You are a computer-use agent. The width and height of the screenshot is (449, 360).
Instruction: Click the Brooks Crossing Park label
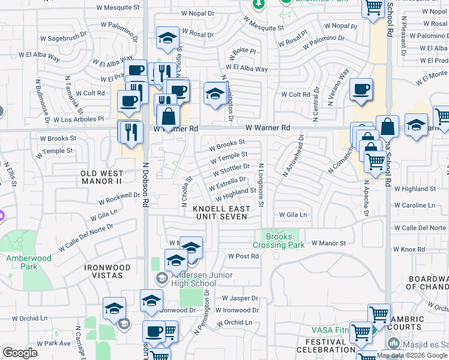coord(280,241)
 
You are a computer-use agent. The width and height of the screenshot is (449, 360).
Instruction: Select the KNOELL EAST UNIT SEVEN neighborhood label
coord(220,212)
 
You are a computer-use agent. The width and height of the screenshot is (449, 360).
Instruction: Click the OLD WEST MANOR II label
coord(101,177)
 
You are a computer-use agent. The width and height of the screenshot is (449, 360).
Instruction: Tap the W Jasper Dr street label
coord(240,298)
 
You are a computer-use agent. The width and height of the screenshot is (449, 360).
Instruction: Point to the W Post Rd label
coord(243,256)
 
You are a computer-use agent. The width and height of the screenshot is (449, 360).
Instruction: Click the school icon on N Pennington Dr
coord(214,93)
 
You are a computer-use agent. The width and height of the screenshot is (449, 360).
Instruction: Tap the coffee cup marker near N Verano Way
coord(361,90)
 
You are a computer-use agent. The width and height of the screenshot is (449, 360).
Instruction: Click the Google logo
coord(20,353)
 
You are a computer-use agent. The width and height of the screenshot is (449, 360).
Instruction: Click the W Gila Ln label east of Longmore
coord(292,214)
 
